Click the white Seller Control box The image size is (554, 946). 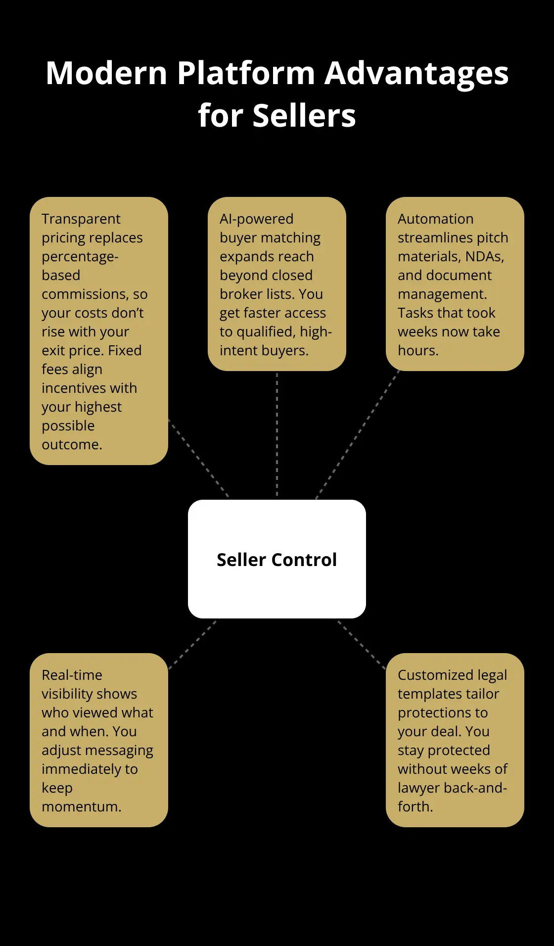coord(277,559)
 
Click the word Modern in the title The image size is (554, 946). coord(106,73)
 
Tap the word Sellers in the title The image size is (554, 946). coord(304,116)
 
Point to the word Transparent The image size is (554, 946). coord(81,219)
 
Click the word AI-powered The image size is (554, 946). coord(257,219)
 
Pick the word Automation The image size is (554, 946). coord(436,219)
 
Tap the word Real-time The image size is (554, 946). coord(72,675)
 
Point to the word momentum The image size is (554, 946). coord(82,807)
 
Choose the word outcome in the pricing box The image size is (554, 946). coord(72,445)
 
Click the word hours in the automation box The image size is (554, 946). coord(418,350)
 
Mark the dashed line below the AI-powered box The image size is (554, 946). coord(277,435)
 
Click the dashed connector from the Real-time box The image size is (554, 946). coord(193,645)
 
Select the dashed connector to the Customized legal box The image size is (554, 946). coord(362,645)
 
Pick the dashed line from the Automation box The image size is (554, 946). coord(358,434)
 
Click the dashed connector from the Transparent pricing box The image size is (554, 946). coord(200,459)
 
